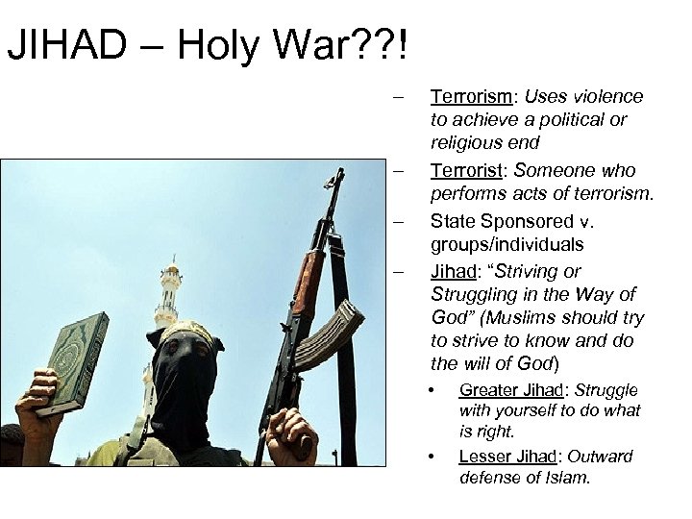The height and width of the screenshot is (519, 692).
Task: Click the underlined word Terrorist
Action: [x=463, y=170]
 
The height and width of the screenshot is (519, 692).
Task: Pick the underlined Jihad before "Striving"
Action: [x=452, y=271]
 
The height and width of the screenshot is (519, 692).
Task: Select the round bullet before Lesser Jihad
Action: [x=432, y=456]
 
